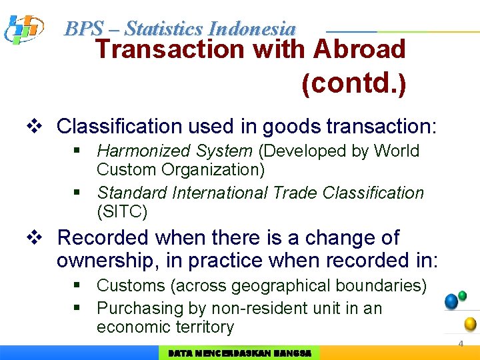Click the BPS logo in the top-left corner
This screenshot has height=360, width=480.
click(23, 29)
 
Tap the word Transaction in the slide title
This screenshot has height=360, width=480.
click(170, 49)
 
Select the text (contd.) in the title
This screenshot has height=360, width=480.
click(353, 84)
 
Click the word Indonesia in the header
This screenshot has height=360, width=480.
click(251, 29)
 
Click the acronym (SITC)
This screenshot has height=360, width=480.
click(122, 212)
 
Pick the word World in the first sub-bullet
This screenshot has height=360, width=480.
click(397, 151)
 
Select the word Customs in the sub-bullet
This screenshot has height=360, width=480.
click(131, 286)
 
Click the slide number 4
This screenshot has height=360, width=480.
click(460, 344)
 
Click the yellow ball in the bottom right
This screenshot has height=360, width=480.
click(470, 324)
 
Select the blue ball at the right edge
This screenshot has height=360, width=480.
click(451, 301)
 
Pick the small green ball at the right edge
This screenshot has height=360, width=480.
click(463, 295)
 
